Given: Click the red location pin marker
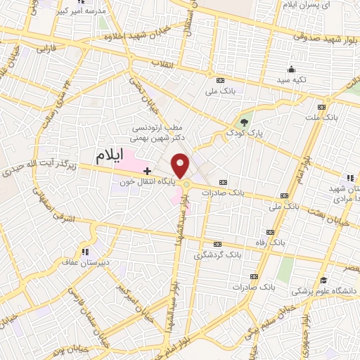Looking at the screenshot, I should pyautogui.click(x=181, y=165).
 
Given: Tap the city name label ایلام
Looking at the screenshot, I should pyautogui.click(x=113, y=153).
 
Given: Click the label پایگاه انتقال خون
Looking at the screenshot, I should pyautogui.click(x=146, y=181).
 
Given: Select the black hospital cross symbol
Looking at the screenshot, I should pyautogui.click(x=146, y=171).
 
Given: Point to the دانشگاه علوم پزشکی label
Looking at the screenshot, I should pyautogui.click(x=325, y=290).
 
